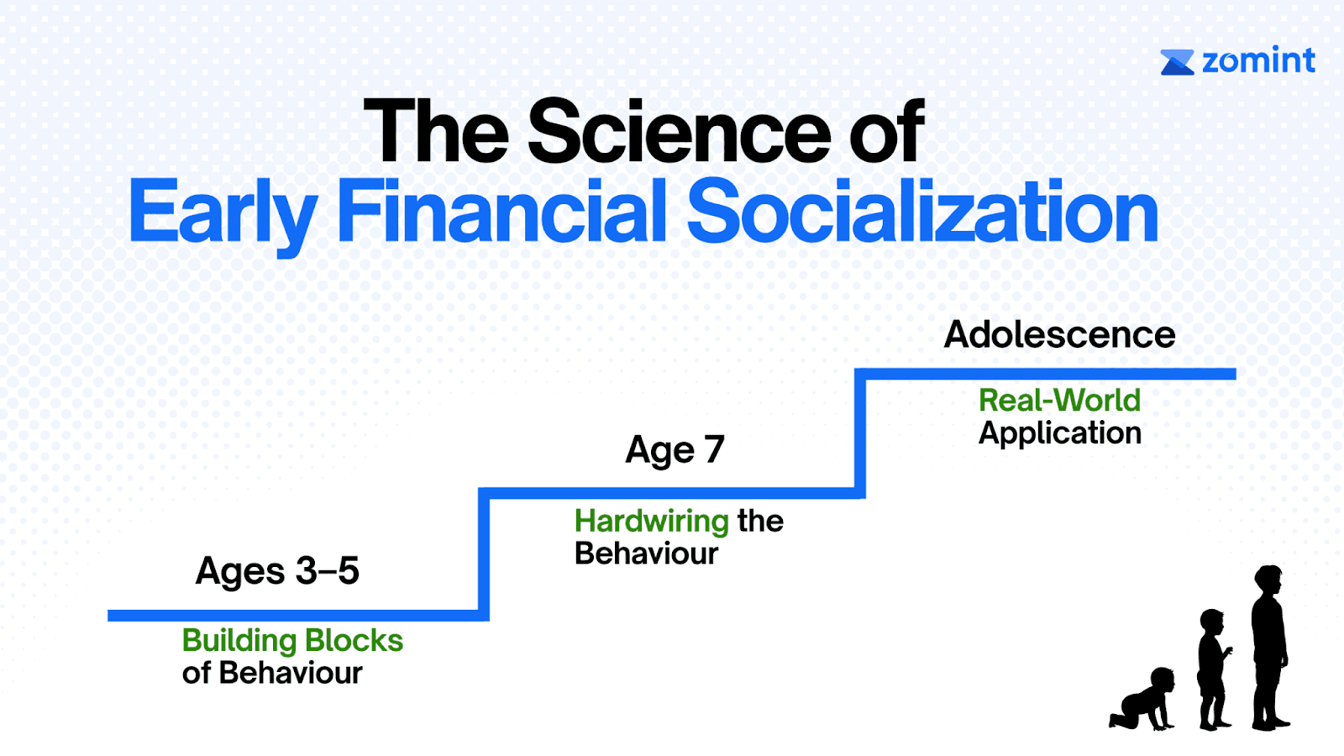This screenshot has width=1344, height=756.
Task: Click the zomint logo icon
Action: [x=1177, y=62]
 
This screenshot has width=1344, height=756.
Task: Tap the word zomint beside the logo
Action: [x=1259, y=60]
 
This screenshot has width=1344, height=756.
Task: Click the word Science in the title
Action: [x=680, y=132]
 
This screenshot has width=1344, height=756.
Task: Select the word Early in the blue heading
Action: [x=223, y=214]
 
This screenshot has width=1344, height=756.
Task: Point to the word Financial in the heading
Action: [x=501, y=210]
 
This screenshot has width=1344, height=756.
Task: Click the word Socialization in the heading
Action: [x=922, y=210]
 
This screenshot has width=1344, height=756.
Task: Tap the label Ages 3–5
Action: [x=277, y=570]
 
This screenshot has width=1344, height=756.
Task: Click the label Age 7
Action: [x=675, y=450]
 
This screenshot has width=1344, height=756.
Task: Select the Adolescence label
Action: [x=1059, y=334]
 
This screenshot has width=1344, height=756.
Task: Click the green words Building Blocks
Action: [x=292, y=641]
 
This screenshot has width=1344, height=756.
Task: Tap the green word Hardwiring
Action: [x=652, y=521]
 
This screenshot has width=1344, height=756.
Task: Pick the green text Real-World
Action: [x=1059, y=400]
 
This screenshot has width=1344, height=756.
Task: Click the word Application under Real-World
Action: [x=1059, y=433]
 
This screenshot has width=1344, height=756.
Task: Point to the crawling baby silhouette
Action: [x=1142, y=699]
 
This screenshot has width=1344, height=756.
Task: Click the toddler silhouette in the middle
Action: [x=1214, y=669]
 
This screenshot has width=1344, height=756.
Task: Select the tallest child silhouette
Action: [x=1269, y=648]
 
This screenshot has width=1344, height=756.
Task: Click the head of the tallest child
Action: [x=1268, y=580]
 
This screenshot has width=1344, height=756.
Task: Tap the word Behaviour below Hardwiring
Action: [x=646, y=554]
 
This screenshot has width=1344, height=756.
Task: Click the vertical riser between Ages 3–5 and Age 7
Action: [x=484, y=554]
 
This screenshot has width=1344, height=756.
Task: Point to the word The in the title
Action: [x=436, y=132]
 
